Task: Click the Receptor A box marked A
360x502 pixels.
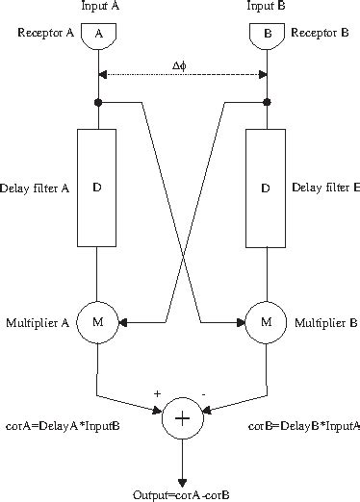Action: pyautogui.click(x=97, y=36)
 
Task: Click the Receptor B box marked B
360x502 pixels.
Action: pyautogui.click(x=268, y=36)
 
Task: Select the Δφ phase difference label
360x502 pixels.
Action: pyautogui.click(x=180, y=65)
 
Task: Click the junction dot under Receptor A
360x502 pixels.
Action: pyautogui.click(x=97, y=101)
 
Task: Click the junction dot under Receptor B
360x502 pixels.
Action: pyautogui.click(x=268, y=101)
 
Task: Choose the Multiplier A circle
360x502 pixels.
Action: pyautogui.click(x=97, y=321)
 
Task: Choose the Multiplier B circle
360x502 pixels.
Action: pyautogui.click(x=268, y=321)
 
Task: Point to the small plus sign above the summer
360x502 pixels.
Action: pyautogui.click(x=156, y=392)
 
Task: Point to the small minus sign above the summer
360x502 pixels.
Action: pyautogui.click(x=204, y=392)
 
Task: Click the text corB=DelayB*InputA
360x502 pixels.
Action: pyautogui.click(x=304, y=423)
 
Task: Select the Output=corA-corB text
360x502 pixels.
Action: pyautogui.click(x=182, y=493)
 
